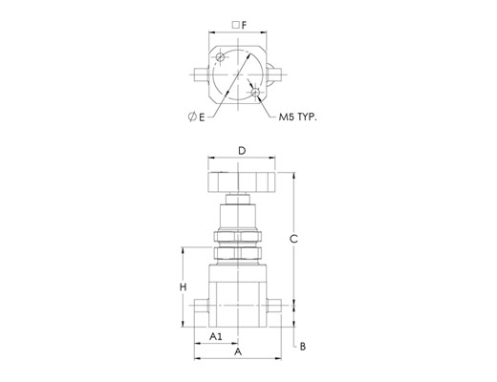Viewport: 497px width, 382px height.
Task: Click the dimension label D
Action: pos(242,150)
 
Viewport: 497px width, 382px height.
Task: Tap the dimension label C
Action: pos(293,239)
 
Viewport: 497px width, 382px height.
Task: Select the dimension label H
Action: pos(183,287)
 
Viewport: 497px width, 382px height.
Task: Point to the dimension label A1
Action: pos(216,336)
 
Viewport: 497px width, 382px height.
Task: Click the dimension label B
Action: pos(303,347)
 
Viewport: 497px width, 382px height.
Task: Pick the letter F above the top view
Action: pos(244,25)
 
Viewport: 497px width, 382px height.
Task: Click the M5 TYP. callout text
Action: pos(298,117)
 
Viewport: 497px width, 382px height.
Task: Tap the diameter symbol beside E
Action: pos(192,117)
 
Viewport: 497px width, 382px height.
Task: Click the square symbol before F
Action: pos(236,25)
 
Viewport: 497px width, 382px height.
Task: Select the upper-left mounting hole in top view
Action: pos(220,57)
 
